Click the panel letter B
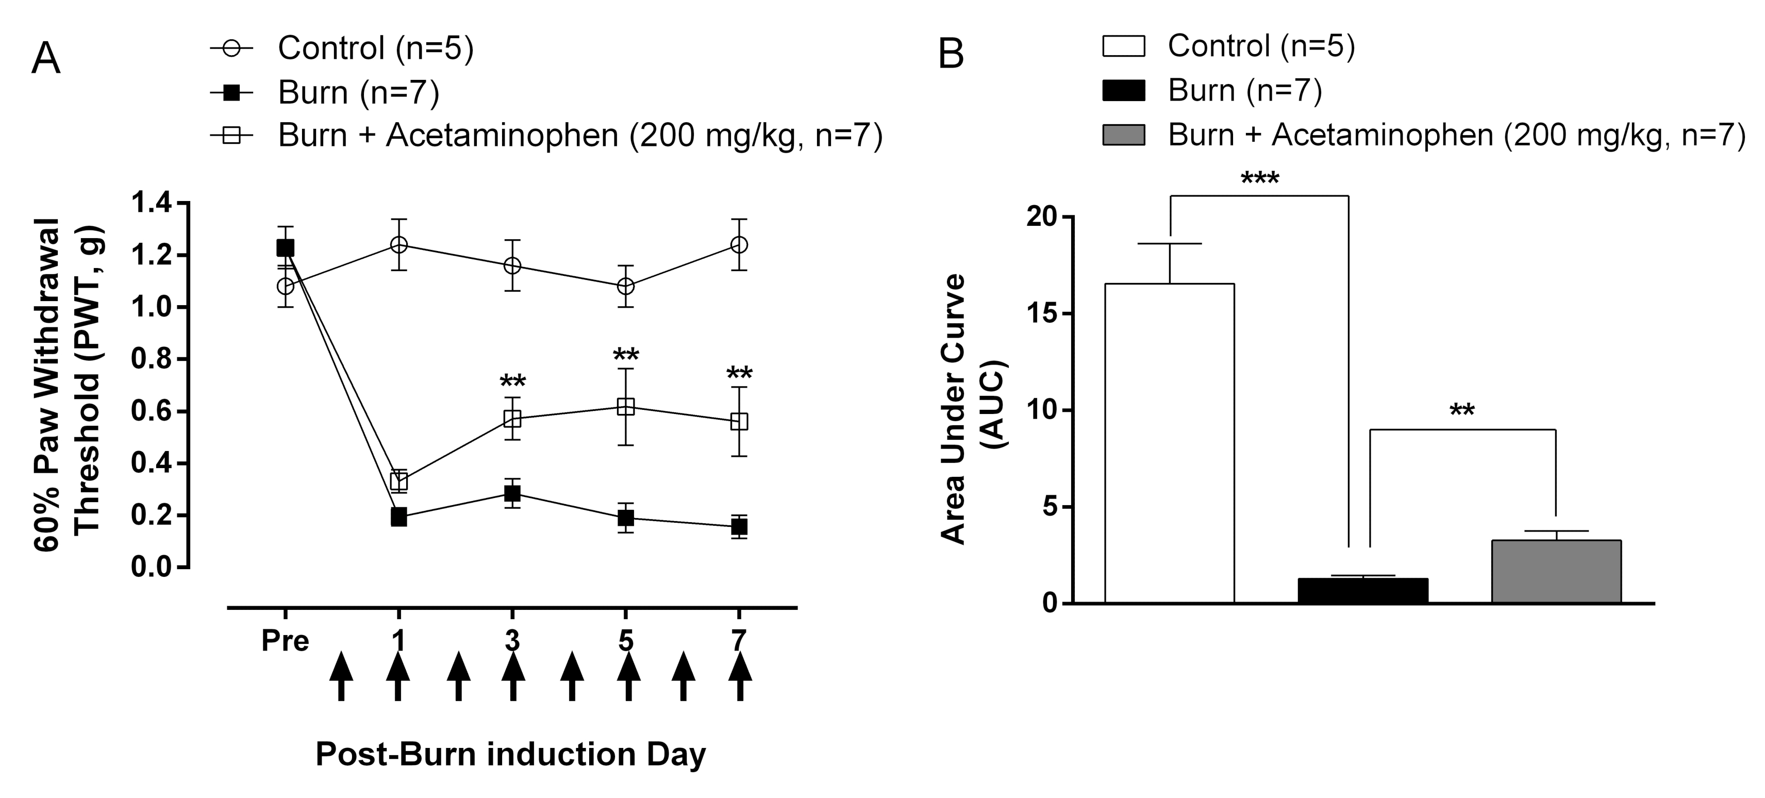click(x=951, y=54)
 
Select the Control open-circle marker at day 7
click(x=739, y=244)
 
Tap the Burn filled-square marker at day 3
click(x=512, y=493)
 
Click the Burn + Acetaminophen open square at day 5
click(x=625, y=407)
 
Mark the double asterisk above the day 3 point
click(x=512, y=381)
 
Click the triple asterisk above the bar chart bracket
click(x=1259, y=180)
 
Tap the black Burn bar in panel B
click(x=1363, y=590)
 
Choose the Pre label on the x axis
click(x=285, y=642)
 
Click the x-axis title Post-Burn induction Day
click(x=510, y=754)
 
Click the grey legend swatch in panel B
click(x=1123, y=135)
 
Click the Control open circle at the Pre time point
click(x=285, y=286)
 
